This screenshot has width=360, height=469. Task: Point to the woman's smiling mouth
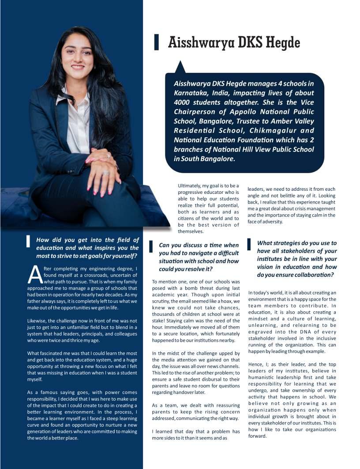pyautogui.click(x=78, y=67)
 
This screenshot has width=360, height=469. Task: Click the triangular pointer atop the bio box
pyautogui.click(x=180, y=67)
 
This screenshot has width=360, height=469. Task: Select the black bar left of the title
pyautogui.click(x=156, y=43)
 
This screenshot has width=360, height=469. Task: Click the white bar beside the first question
pyautogui.click(x=28, y=241)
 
